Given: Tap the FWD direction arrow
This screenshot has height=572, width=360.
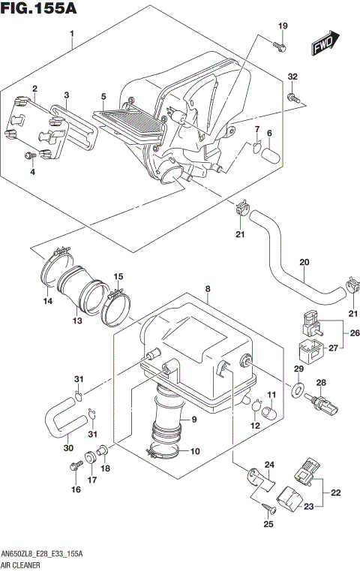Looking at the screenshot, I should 327,45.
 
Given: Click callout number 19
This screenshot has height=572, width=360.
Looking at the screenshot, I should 283,27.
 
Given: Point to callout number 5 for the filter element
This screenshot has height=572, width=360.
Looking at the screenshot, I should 103,97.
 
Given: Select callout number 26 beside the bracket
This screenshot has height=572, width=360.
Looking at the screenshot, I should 355,334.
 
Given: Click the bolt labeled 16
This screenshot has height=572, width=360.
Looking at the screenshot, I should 75,468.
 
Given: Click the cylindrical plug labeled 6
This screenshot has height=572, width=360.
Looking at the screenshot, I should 271,158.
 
